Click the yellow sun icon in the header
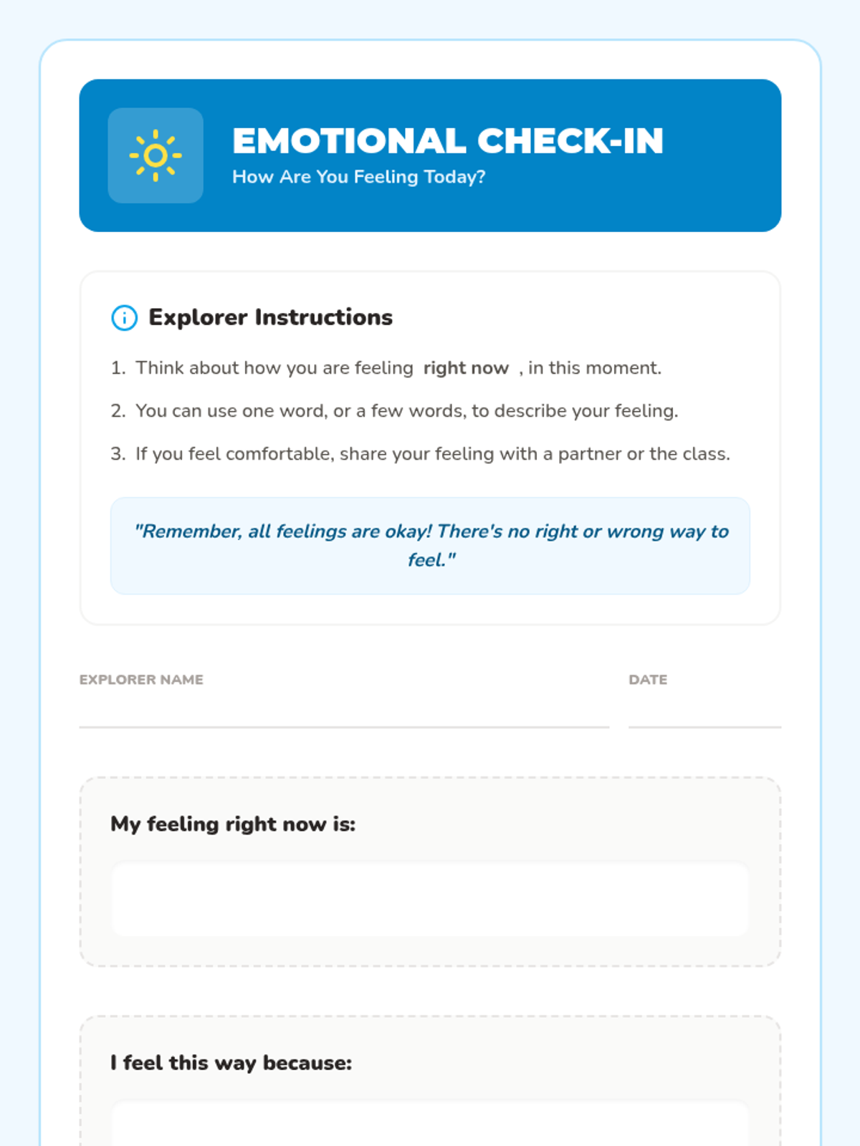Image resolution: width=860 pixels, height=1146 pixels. click(x=156, y=155)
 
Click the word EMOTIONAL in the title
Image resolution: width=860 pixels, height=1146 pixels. click(x=349, y=141)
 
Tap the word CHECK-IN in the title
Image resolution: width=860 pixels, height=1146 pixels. click(x=570, y=141)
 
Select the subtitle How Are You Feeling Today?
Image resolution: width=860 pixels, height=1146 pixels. click(x=358, y=177)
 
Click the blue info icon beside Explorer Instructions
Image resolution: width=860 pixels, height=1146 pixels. click(x=124, y=317)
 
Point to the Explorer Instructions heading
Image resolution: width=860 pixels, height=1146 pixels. click(x=270, y=317)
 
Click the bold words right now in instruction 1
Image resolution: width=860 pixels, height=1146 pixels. click(x=466, y=368)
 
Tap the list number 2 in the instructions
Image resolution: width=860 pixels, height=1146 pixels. click(x=118, y=411)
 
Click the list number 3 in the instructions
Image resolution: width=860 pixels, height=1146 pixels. click(x=118, y=454)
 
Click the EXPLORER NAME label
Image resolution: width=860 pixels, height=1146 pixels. click(x=141, y=680)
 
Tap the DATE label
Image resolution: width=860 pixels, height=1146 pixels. click(x=648, y=680)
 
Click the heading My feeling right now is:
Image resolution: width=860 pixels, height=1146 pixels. click(x=233, y=824)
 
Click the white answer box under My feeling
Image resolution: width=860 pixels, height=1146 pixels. click(x=430, y=900)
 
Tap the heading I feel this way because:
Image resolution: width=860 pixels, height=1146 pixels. click(x=231, y=1063)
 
